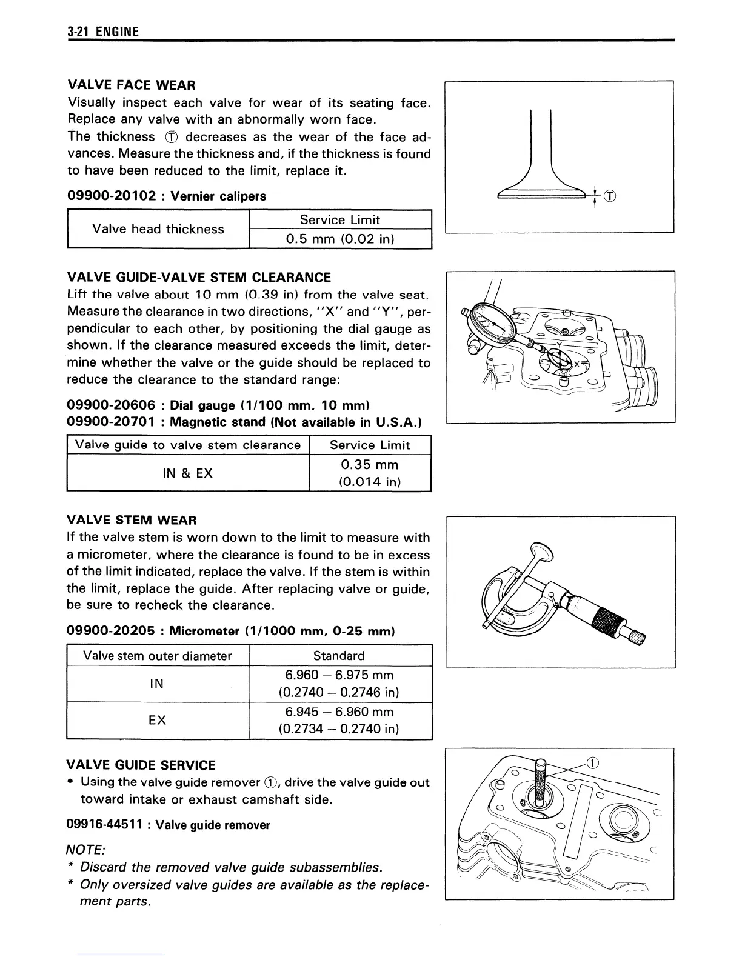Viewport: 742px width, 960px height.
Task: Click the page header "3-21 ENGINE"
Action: pyautogui.click(x=103, y=32)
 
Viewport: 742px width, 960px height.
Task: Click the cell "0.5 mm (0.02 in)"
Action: pyautogui.click(x=340, y=239)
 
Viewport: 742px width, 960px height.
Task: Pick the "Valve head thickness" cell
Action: pyautogui.click(x=158, y=229)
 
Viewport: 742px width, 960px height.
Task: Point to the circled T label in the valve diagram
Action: pyautogui.click(x=610, y=196)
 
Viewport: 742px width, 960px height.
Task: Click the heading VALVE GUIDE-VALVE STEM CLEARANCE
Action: pyautogui.click(x=199, y=278)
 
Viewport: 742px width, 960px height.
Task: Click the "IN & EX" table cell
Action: pyautogui.click(x=188, y=473)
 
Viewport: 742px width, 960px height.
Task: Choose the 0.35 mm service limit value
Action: pyautogui.click(x=370, y=465)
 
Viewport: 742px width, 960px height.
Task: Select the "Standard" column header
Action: pyautogui.click(x=339, y=656)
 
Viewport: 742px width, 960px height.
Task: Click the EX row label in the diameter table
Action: pyautogui.click(x=157, y=720)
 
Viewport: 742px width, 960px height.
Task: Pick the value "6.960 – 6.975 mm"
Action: pyautogui.click(x=339, y=675)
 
